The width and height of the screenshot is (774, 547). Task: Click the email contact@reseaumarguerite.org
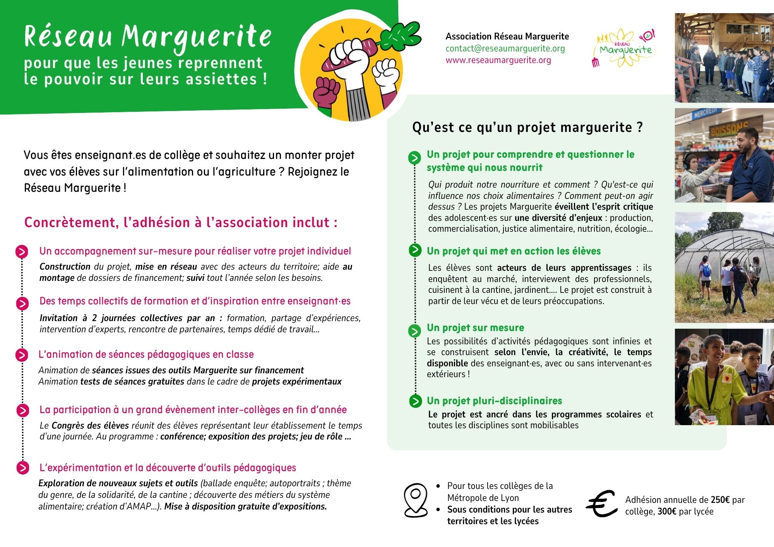click(505, 48)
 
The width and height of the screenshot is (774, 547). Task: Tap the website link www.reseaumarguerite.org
click(498, 60)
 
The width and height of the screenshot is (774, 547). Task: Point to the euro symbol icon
click(602, 504)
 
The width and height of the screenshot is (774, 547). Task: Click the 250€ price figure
click(720, 500)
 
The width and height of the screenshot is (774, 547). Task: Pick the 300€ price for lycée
click(667, 511)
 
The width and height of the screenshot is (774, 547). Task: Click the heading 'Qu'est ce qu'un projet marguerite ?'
click(527, 127)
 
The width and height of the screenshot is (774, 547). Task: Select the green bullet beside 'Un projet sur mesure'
click(414, 331)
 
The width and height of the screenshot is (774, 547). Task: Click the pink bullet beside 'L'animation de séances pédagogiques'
click(22, 355)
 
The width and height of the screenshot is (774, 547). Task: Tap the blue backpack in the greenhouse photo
click(706, 270)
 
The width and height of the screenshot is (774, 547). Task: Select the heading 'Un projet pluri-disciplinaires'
click(494, 401)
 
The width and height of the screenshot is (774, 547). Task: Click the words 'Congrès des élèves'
click(90, 426)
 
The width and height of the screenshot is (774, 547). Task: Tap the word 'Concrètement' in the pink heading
click(69, 222)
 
